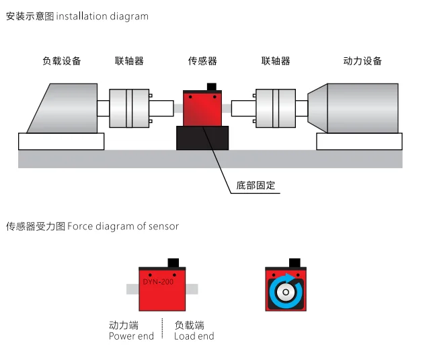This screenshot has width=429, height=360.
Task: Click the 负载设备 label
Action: click(x=62, y=61)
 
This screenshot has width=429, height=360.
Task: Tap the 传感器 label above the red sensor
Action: click(x=202, y=61)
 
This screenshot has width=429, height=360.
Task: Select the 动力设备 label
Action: click(x=362, y=61)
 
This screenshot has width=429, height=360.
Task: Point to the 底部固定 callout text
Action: click(x=256, y=185)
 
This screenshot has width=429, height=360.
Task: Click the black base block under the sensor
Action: click(x=202, y=138)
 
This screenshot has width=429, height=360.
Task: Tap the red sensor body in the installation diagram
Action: click(x=202, y=110)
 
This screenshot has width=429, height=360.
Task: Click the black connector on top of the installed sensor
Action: click(x=212, y=87)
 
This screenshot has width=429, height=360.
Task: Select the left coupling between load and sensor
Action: click(x=129, y=108)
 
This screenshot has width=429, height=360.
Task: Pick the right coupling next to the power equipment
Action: click(x=276, y=108)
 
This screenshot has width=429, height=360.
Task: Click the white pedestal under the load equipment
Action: click(x=61, y=141)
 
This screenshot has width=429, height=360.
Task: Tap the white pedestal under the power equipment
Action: click(x=359, y=141)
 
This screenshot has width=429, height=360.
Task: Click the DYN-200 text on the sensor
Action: click(x=158, y=282)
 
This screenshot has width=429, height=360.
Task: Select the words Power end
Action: click(x=131, y=336)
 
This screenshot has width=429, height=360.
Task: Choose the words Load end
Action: click(x=194, y=336)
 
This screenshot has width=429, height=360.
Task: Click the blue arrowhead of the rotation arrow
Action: click(x=290, y=278)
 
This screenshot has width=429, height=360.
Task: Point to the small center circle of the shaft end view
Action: click(x=286, y=292)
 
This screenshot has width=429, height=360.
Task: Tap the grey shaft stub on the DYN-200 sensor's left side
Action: click(x=132, y=289)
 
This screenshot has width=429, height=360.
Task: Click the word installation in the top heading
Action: click(x=81, y=16)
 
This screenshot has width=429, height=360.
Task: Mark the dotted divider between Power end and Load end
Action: click(x=162, y=328)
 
